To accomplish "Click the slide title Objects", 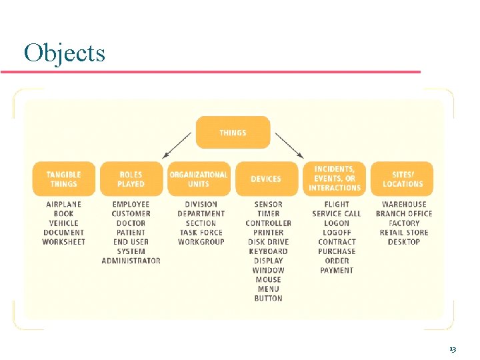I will coord(64,52).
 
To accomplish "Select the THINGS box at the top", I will coord(233,133).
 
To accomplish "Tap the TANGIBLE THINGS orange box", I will coord(64,179).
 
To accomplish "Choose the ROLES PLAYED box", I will coord(131,179).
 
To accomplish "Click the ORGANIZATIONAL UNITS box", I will coord(199,179).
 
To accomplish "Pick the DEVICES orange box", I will coord(266,179).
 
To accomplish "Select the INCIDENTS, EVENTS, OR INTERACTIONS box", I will coord(335,179).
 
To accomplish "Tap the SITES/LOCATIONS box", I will coord(403,179).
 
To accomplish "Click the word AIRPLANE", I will coord(64,204).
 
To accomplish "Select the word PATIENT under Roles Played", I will coord(131,233).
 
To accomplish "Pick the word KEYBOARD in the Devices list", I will coord(268,251).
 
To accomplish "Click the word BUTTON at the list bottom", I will coord(268,299).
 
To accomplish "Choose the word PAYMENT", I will coord(337,270).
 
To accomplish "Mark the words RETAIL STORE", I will coord(404,233).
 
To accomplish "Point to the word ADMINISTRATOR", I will coord(131,261).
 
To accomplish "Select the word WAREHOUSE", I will coord(404,204).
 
